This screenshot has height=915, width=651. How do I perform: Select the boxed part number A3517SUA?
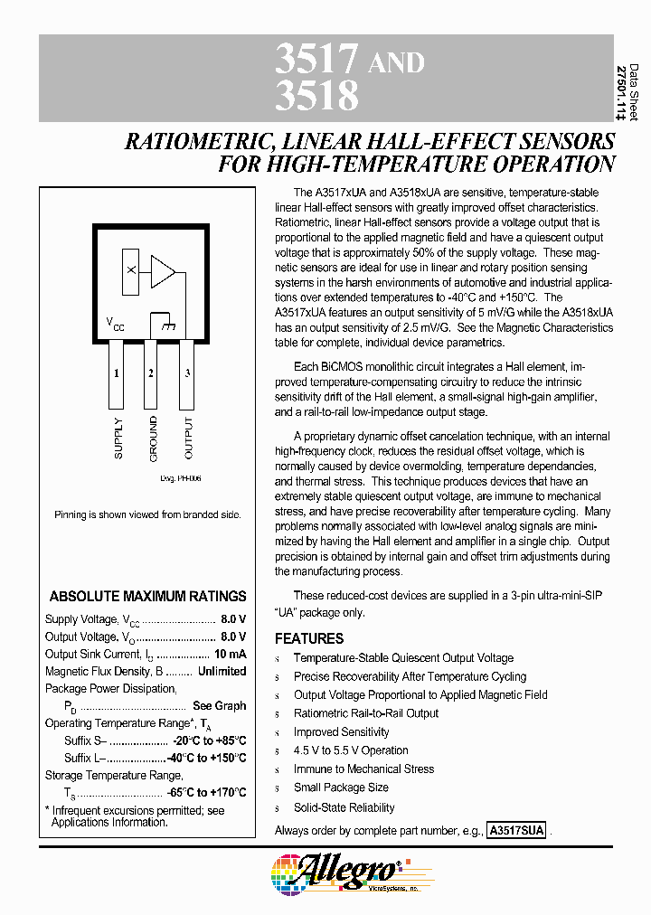pos(516,830)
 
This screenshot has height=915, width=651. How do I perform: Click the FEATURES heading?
pos(309,638)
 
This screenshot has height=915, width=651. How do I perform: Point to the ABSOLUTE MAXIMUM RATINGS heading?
pos(147,597)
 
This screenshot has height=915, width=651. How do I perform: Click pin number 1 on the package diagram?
pos(116,373)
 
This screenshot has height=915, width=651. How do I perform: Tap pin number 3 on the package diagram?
pos(187,373)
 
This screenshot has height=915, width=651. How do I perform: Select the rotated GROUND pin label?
pos(153,438)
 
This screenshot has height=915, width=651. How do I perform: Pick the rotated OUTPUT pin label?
pos(188,438)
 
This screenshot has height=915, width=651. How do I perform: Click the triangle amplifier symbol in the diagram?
pos(163,270)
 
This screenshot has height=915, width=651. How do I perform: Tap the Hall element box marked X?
pos(131,270)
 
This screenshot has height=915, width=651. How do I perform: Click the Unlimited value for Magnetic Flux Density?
pos(222,671)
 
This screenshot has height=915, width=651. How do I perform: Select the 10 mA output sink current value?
pos(230,654)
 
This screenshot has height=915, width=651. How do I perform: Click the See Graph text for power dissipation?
pos(219,705)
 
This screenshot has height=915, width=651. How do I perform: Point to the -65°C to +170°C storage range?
pos(206,792)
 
